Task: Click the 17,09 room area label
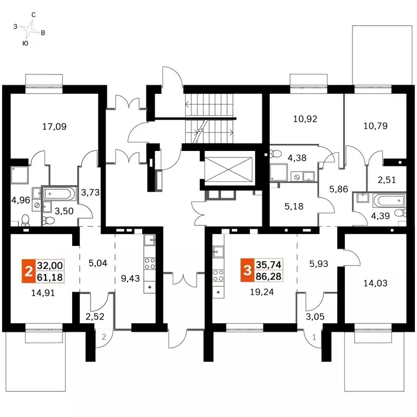[54, 127]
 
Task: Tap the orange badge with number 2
[28, 271]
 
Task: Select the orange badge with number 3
[248, 270]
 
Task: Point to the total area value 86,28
[269, 276]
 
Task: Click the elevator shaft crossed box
[229, 169]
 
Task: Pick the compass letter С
[34, 15]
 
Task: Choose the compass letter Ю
[26, 43]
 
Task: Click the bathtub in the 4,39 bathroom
[389, 200]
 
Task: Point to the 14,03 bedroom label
[376, 283]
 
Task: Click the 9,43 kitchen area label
[130, 279]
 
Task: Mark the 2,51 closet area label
[387, 180]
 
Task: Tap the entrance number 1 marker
[314, 338]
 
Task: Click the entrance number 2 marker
[104, 337]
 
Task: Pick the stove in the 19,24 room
[218, 275]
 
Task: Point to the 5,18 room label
[294, 206]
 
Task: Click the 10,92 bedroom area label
[305, 119]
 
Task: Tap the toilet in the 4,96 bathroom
[26, 220]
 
